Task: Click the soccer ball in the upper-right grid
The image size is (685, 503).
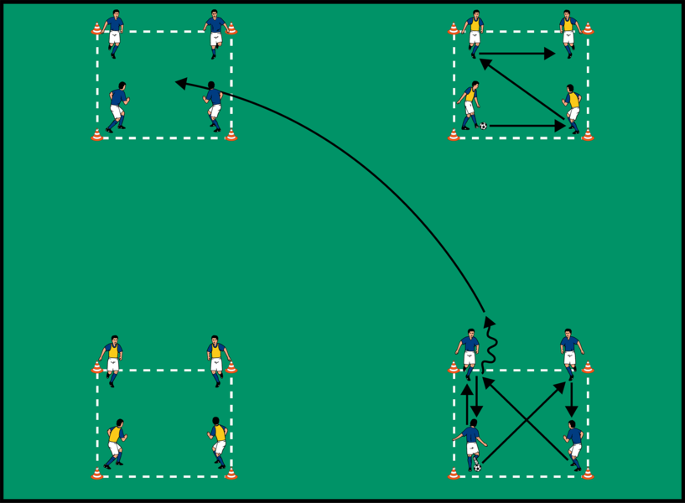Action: pos(484,126)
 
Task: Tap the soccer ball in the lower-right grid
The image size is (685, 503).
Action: pos(477,467)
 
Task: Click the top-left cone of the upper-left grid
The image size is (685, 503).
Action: pos(96,29)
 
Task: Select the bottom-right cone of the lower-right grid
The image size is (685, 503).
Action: pos(588,474)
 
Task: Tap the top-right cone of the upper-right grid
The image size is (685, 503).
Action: pos(588,29)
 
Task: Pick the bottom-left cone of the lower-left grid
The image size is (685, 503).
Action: pos(96,474)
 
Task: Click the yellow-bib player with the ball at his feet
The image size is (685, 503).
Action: pos(470,105)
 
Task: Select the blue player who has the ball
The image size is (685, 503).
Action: pos(471,444)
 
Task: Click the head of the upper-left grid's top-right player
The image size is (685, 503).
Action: pos(215,14)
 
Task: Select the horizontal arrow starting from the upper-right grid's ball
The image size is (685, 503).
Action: pos(527,127)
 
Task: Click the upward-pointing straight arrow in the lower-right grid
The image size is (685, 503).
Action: pos(467,401)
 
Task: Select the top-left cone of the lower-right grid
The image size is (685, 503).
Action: pos(454,368)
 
